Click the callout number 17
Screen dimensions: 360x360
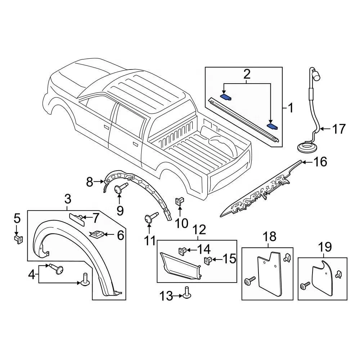(x=338, y=129)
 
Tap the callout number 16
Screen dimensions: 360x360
(x=319, y=162)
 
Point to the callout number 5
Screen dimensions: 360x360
(x=17, y=218)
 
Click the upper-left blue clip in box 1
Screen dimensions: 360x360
(x=226, y=96)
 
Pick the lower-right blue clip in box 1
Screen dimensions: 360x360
(x=272, y=126)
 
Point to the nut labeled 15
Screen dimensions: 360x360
(x=208, y=260)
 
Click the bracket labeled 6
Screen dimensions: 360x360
(x=96, y=235)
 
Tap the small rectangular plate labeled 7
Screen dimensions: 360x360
(x=77, y=218)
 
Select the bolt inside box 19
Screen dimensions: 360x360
(x=304, y=286)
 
